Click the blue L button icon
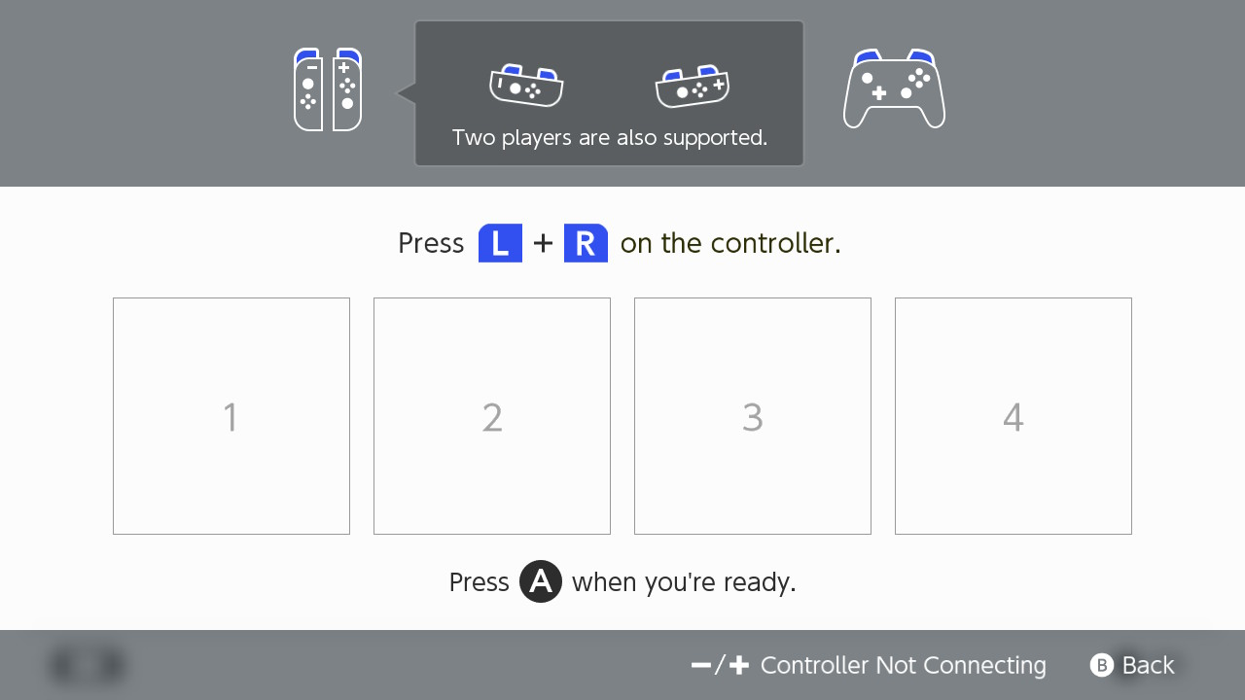(500, 243)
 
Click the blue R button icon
(586, 243)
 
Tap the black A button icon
(541, 581)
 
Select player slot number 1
(231, 416)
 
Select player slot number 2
(492, 416)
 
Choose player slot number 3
(753, 416)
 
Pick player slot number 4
(1014, 416)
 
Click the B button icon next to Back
(1101, 665)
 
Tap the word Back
(1148, 665)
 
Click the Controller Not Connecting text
(903, 665)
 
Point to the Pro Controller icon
(894, 89)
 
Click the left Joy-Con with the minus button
(308, 90)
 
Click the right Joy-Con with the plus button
(347, 90)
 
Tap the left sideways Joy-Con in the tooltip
(526, 87)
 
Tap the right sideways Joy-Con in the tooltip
(693, 87)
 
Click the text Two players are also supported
(610, 138)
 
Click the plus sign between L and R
(543, 243)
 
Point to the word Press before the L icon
(431, 243)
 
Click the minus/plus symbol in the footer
(721, 665)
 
